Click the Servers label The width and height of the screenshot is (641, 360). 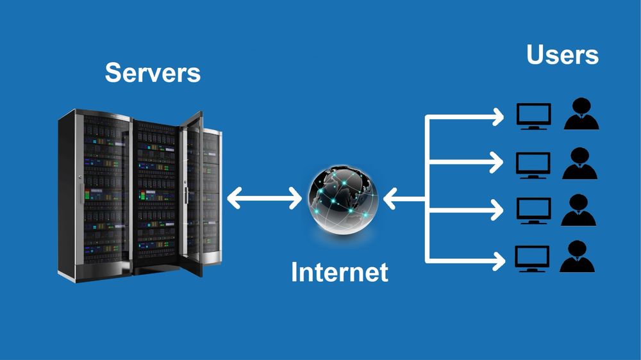coord(153,72)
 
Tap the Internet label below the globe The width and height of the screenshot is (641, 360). coord(339,272)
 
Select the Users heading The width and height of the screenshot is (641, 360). coord(562,55)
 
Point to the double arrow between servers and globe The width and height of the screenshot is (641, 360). coord(264,199)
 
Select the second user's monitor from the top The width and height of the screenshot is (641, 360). coord(533,165)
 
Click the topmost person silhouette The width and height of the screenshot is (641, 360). coord(581,115)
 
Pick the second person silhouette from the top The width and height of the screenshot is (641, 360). coord(580,164)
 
